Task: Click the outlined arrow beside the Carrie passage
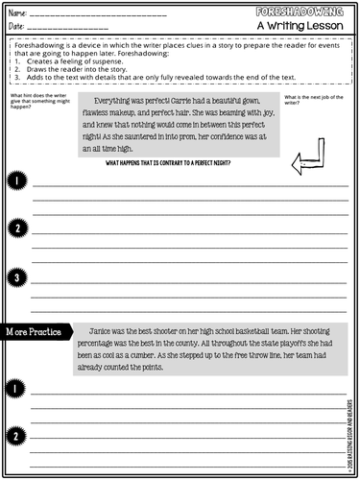click(308, 155)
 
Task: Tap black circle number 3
click(16, 277)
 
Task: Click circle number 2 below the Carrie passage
click(16, 228)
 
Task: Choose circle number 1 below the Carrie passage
click(16, 180)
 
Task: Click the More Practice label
click(36, 331)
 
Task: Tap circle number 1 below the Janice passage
click(16, 388)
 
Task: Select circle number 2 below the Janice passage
click(16, 436)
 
